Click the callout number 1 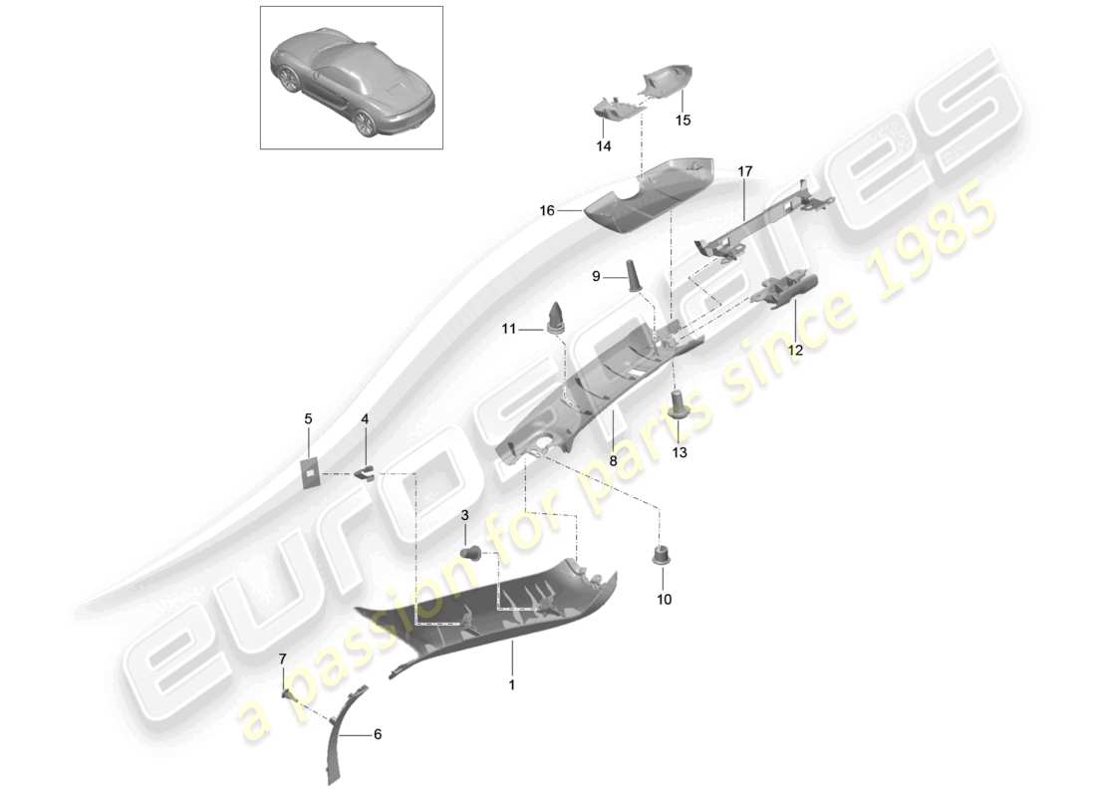(512, 685)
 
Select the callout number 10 (665, 600)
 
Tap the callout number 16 (546, 211)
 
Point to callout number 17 (745, 171)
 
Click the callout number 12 (796, 350)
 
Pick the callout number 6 (378, 734)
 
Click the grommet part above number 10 (659, 554)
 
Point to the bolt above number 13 (678, 404)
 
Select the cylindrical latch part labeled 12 (785, 291)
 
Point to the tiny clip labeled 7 (286, 691)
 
